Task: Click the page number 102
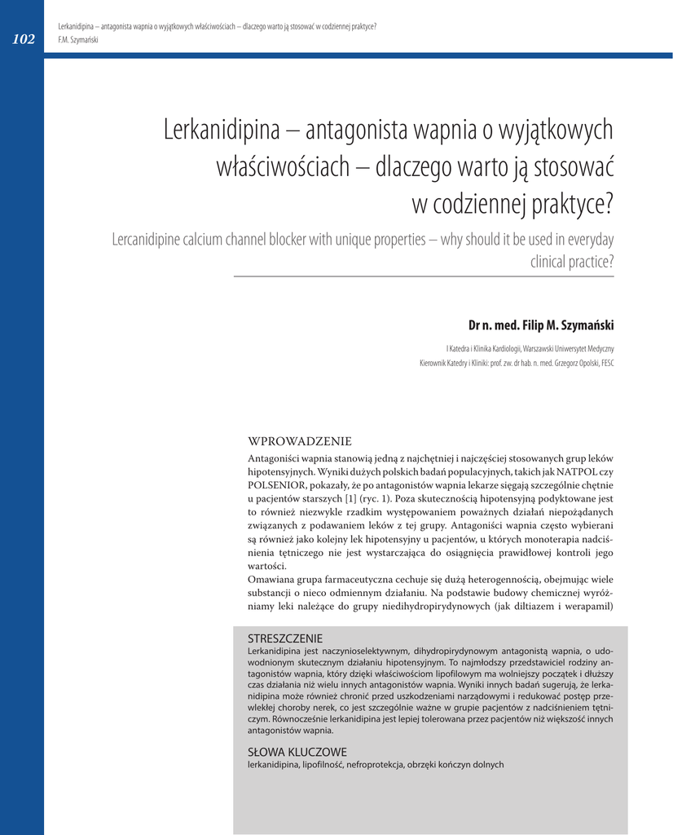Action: tap(23, 39)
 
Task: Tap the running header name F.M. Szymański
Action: tap(78, 39)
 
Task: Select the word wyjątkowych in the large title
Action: tap(556, 130)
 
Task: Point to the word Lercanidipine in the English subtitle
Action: tap(149, 240)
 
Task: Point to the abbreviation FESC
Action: tap(607, 363)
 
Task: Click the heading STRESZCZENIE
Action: tap(284, 638)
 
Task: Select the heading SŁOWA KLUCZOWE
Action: tap(297, 752)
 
